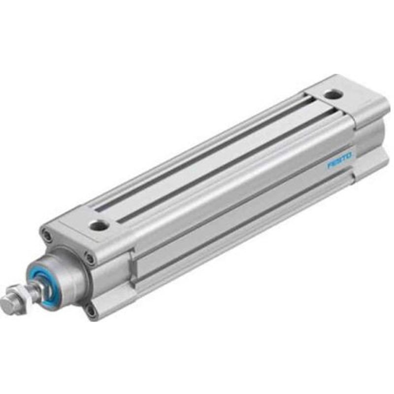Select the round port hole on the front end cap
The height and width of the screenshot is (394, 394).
pyautogui.click(x=98, y=226)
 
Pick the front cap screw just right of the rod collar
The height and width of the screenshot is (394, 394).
pyautogui.click(x=89, y=258)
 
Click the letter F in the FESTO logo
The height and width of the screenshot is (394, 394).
pyautogui.click(x=330, y=166)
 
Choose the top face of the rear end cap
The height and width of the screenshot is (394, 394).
pyautogui.click(x=345, y=98)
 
